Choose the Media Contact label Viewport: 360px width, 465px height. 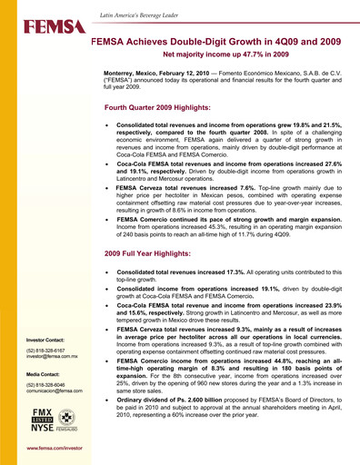click(42, 372)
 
